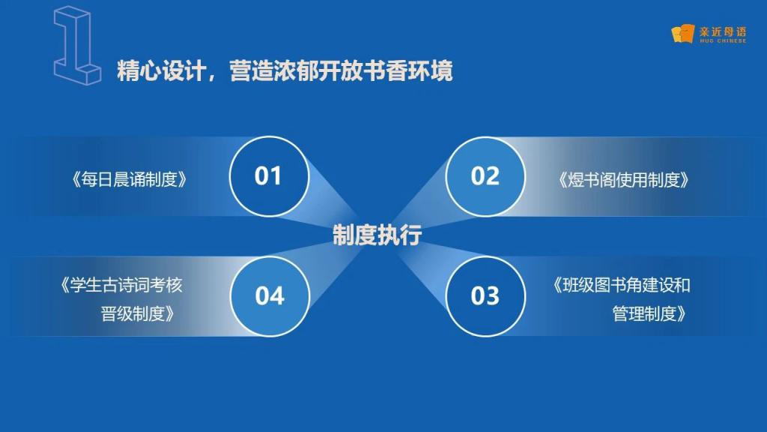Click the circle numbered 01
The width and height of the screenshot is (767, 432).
click(269, 176)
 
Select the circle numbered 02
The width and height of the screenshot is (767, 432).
click(485, 176)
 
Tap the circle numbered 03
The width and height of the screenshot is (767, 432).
click(485, 296)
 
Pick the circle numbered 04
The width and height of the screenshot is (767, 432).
click(270, 296)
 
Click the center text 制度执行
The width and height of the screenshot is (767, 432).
click(378, 235)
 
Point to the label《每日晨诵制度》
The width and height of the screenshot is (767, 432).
click(129, 180)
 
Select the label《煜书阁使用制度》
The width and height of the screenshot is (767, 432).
click(624, 180)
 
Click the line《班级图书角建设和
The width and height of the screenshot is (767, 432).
click(621, 285)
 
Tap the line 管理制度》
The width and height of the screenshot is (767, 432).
click(649, 313)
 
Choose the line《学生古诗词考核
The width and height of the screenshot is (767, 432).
click(121, 285)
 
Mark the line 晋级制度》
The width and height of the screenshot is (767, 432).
click(138, 313)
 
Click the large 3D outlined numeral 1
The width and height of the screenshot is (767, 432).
click(77, 45)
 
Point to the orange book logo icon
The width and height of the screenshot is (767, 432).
click(683, 34)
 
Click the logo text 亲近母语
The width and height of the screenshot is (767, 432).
click(723, 31)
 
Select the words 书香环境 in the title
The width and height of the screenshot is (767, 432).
click(408, 70)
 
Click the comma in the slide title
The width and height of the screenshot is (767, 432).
click(212, 78)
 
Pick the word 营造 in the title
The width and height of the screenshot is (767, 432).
click(252, 70)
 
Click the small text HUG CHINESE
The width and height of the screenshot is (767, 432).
click(723, 41)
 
